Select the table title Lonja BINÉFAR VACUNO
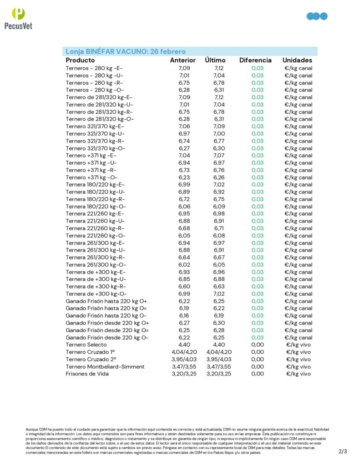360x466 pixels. [x=125, y=51]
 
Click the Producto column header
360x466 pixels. [x=80, y=60]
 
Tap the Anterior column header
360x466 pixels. [x=183, y=60]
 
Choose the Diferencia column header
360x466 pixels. [x=255, y=60]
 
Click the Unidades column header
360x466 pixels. [x=297, y=60]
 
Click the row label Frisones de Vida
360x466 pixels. [x=87, y=374]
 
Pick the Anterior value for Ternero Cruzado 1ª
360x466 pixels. [x=184, y=352]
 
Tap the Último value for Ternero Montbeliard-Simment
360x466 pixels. [x=219, y=366]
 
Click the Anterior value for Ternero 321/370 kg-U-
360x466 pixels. [x=184, y=133]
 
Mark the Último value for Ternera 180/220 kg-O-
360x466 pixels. [x=219, y=206]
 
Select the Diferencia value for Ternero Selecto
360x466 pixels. [x=257, y=344]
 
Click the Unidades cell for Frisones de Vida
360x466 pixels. [x=298, y=374]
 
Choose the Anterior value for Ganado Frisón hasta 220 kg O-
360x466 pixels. [x=184, y=315]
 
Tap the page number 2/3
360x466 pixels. [x=343, y=451]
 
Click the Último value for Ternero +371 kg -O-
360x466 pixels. [x=219, y=177]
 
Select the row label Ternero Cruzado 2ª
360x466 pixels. [x=90, y=359]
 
